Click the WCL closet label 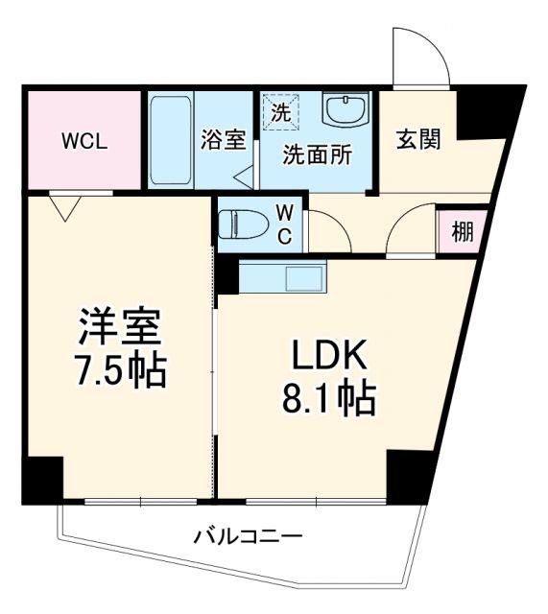(x=84, y=141)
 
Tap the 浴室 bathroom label (x=223, y=140)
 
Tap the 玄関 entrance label (x=418, y=140)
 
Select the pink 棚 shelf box (x=462, y=232)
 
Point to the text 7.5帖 (x=120, y=370)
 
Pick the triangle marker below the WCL (x=64, y=206)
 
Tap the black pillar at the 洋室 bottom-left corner (x=43, y=480)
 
